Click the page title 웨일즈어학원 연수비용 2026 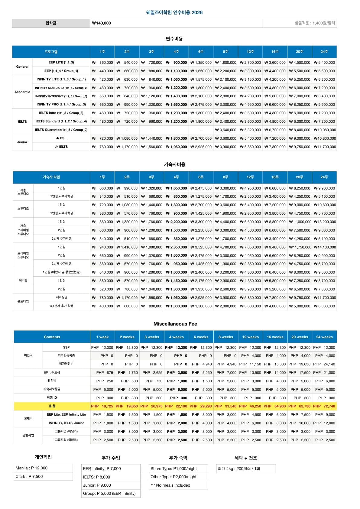(174, 12)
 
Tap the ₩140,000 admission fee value (102, 23)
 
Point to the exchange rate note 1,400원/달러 (315, 23)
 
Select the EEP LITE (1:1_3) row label (61, 63)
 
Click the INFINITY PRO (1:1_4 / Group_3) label (61, 105)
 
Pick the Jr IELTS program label (61, 147)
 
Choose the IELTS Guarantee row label (61, 130)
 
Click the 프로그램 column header (51, 52)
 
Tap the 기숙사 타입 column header (51, 177)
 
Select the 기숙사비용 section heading (174, 164)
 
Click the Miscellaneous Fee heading (175, 324)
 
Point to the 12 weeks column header (250, 337)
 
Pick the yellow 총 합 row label (52, 406)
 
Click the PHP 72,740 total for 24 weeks (324, 406)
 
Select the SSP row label (66, 348)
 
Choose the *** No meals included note (170, 485)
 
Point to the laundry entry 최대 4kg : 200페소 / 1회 (239, 469)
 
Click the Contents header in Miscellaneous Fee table (52, 337)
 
